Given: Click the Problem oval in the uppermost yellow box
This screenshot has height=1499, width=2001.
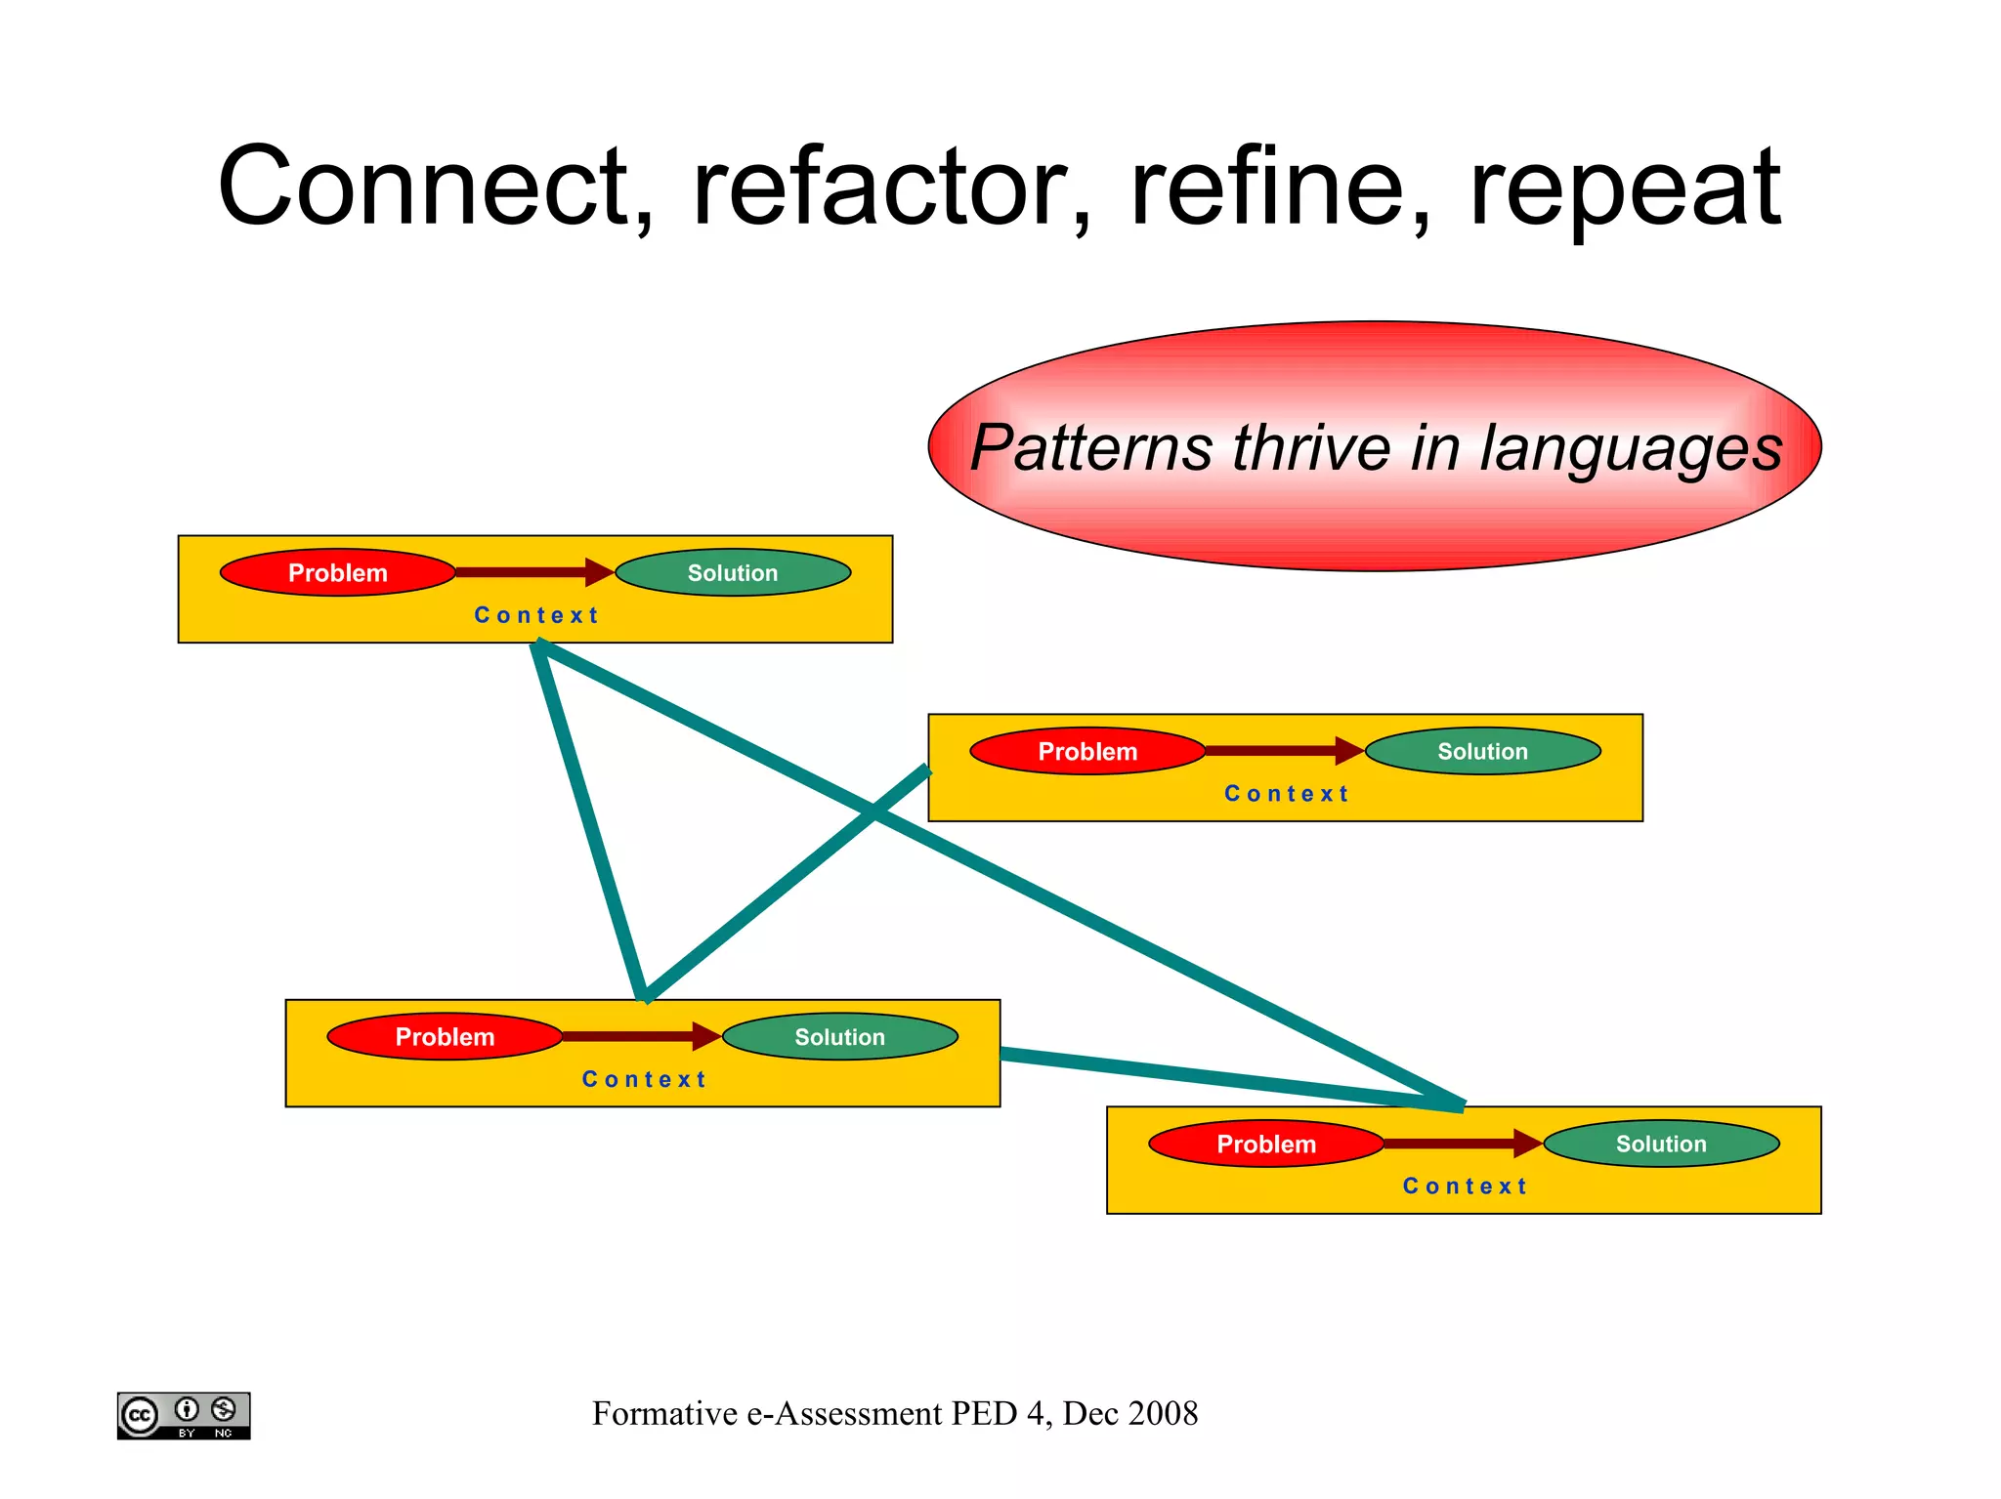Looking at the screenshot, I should pyautogui.click(x=337, y=572).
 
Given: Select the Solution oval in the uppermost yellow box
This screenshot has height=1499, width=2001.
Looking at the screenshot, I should pyautogui.click(x=733, y=572).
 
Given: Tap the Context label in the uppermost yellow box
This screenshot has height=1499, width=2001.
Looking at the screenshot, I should pyautogui.click(x=536, y=615).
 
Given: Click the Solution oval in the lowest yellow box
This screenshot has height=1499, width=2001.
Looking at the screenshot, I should pyautogui.click(x=1661, y=1144).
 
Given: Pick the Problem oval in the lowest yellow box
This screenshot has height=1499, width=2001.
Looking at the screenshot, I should pyautogui.click(x=1266, y=1144).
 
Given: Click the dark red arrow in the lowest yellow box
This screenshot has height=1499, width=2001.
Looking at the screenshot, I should pyautogui.click(x=1462, y=1144).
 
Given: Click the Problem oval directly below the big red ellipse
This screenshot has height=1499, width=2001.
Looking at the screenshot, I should pyautogui.click(x=1087, y=751).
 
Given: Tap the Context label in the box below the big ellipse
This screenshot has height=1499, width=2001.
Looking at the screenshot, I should pyautogui.click(x=1286, y=794).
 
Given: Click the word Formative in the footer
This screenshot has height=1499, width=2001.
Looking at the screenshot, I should pyautogui.click(x=664, y=1413).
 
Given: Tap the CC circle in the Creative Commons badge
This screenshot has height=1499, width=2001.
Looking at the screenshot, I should pyautogui.click(x=140, y=1415).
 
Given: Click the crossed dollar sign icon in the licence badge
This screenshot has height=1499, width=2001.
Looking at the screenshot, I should pyautogui.click(x=224, y=1409).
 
